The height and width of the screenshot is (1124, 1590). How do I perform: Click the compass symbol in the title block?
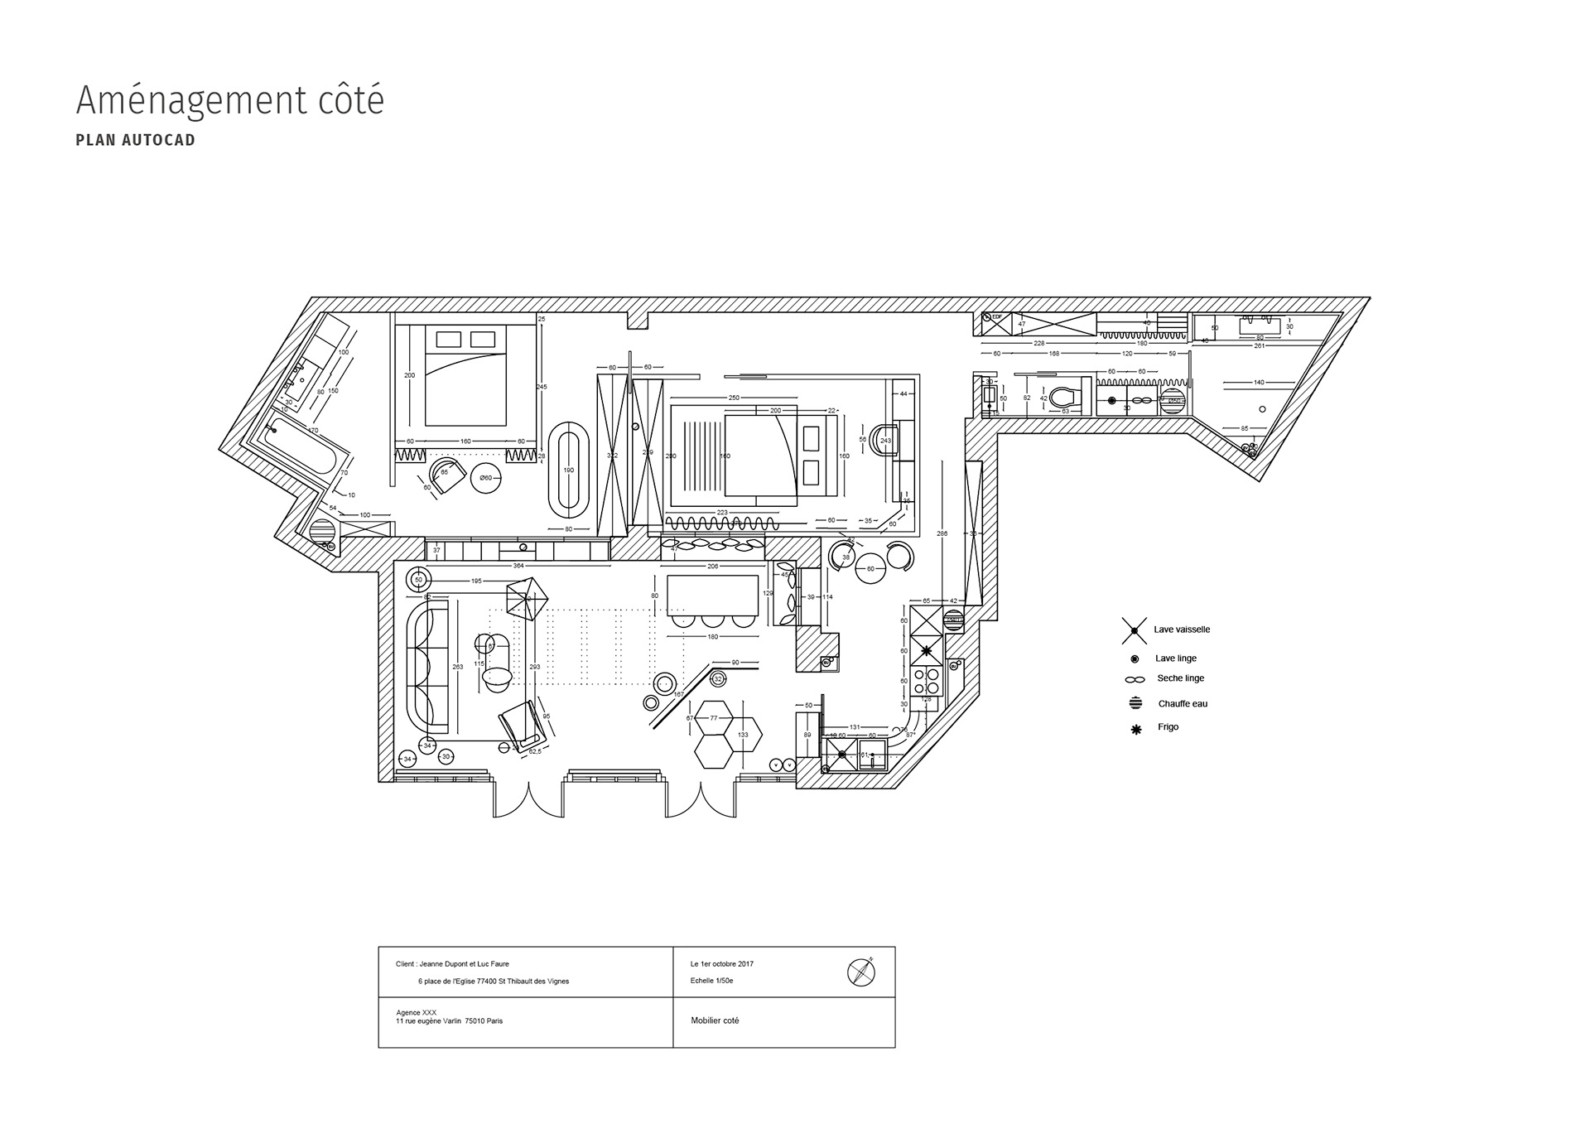861,971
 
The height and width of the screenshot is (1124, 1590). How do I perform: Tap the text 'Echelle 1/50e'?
711,981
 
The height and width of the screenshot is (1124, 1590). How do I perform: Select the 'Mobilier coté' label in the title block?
715,1020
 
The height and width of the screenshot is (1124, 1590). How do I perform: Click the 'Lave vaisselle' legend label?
1182,630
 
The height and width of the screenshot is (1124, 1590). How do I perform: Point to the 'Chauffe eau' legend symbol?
1135,703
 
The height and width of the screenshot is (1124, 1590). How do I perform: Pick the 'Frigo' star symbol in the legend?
1136,729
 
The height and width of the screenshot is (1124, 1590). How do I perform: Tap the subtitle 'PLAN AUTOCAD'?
135,140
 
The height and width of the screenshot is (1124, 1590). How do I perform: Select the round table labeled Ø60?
486,478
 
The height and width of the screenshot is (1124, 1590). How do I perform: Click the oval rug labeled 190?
568,470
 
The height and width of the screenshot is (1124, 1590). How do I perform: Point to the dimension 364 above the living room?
518,567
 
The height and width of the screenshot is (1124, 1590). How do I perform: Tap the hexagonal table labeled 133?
743,734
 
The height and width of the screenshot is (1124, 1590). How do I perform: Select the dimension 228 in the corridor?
1038,343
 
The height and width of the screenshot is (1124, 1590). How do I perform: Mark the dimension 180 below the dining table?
712,637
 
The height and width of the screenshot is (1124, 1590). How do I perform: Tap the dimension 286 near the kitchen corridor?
942,533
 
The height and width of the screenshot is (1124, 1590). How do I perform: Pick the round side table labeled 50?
419,580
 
